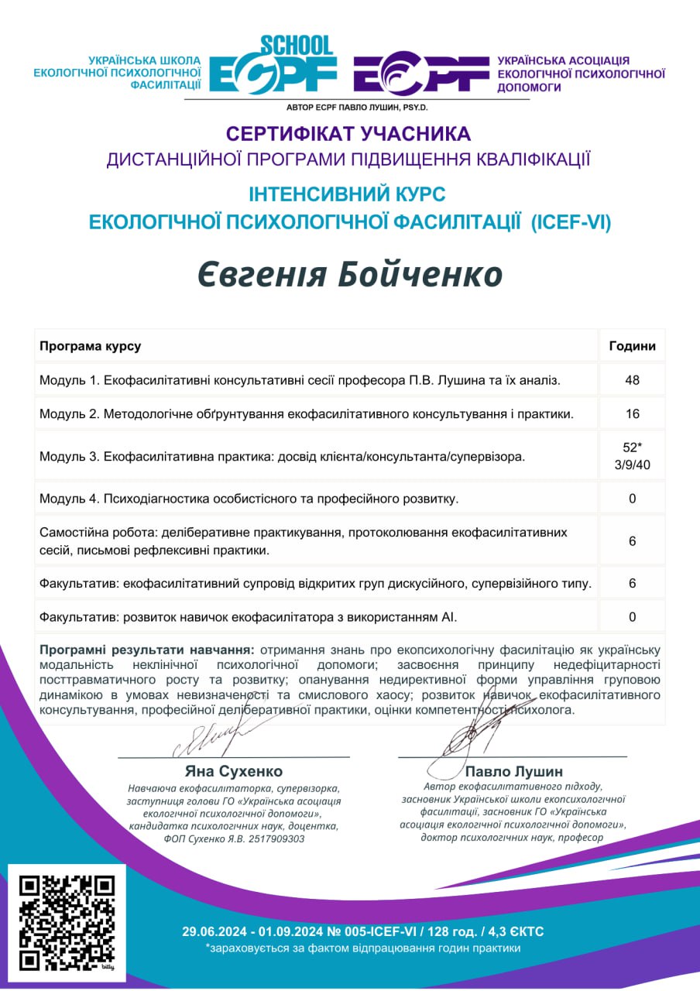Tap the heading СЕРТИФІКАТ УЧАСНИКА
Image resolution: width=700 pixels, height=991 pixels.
point(349,133)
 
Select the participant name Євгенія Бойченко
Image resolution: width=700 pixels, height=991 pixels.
point(349,274)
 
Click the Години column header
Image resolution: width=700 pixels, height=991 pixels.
point(632,346)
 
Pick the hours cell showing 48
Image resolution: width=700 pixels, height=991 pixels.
point(632,380)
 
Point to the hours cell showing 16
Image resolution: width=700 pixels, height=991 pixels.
point(632,413)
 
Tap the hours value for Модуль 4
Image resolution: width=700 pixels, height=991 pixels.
point(632,498)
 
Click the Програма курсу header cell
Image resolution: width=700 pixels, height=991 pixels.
point(91,346)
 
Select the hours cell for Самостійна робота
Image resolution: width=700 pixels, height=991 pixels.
point(632,541)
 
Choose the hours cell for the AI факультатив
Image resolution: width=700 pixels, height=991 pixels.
point(632,617)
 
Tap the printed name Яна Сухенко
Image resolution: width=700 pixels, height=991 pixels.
point(233,771)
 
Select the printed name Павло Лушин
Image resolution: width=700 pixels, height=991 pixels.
point(513,771)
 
